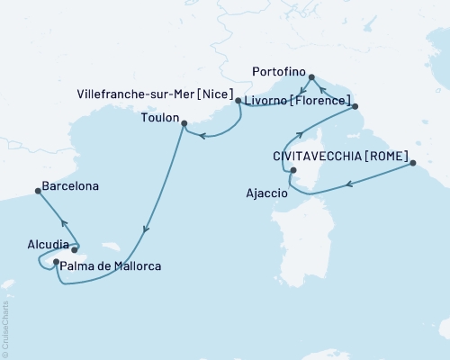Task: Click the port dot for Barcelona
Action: pos(37,190)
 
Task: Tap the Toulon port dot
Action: pos(184,123)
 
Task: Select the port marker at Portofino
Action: pos(311,77)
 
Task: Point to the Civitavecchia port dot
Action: pos(412,163)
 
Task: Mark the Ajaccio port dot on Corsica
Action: pos(292,169)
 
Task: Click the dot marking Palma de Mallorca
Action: pos(57,262)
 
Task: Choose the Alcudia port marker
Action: pos(74,250)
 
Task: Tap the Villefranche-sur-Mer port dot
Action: pos(238,102)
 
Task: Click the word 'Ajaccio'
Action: pos(266,193)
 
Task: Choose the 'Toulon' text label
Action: pos(158,116)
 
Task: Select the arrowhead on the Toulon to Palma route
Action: pos(143,235)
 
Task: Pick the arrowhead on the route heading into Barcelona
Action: pos(62,223)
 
